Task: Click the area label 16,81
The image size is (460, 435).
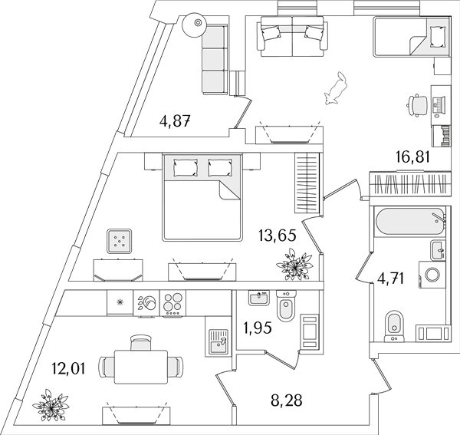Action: click(x=412, y=157)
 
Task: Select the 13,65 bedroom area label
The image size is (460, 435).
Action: click(x=277, y=236)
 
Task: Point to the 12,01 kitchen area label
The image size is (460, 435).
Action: click(x=68, y=369)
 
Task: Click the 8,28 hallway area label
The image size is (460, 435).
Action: click(x=286, y=400)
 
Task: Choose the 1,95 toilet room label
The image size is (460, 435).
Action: click(x=258, y=328)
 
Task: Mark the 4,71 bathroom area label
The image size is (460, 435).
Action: click(x=391, y=278)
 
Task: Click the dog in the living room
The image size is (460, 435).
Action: click(x=336, y=88)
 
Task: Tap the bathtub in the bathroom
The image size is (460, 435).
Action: click(x=410, y=221)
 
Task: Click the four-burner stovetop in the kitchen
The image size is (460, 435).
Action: click(x=172, y=303)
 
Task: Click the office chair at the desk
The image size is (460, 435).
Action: click(x=418, y=105)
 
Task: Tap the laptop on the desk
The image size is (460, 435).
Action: click(x=439, y=106)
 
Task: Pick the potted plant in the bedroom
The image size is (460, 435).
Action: click(x=294, y=265)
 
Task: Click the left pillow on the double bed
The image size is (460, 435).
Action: click(x=186, y=167)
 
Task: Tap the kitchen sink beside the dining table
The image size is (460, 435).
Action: click(x=219, y=341)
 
